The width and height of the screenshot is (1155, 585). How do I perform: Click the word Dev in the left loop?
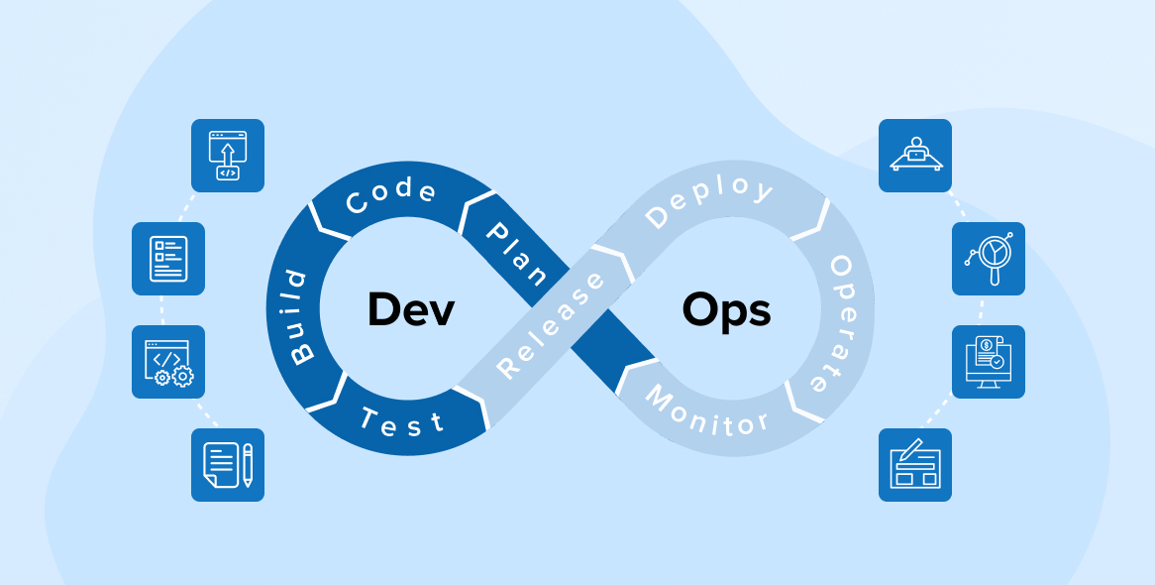[x=410, y=310]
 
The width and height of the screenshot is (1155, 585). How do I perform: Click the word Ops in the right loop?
[x=726, y=310]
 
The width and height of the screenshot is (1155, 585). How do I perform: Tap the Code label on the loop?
[x=390, y=196]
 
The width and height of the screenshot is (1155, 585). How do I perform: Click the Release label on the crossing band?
[x=551, y=324]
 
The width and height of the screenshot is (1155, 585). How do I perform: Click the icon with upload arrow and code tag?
[x=228, y=156]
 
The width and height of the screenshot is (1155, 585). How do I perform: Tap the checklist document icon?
[x=168, y=259]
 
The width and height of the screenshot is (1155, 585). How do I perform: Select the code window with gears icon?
[x=168, y=362]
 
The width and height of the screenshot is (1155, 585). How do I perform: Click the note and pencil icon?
[x=228, y=465]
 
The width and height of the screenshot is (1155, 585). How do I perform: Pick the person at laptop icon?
[x=915, y=156]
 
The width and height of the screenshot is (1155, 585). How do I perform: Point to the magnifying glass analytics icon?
[x=989, y=259]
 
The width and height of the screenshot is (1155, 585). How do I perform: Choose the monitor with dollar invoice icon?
[x=989, y=362]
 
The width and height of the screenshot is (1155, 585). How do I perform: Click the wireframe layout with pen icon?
[x=915, y=465]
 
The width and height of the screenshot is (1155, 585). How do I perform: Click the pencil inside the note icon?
[x=248, y=464]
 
